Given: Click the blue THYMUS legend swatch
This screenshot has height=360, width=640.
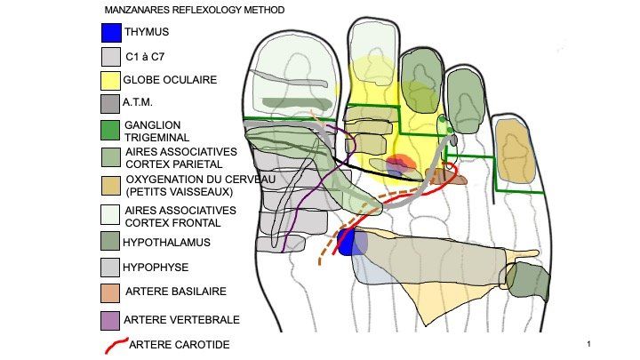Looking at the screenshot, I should click(111, 33).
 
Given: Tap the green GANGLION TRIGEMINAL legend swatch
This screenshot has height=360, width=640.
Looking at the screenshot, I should click(111, 130).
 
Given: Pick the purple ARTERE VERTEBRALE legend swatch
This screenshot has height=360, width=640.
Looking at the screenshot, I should click(111, 319).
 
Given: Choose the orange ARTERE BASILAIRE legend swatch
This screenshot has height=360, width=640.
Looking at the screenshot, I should click(111, 292).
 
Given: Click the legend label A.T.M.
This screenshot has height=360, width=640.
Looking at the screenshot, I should click(138, 102).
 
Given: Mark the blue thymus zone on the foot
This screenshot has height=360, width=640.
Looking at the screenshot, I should click(353, 242).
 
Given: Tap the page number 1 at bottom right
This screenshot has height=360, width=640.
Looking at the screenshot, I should click(589, 343).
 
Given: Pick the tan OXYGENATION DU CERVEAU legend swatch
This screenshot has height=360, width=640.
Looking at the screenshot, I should click(111, 184).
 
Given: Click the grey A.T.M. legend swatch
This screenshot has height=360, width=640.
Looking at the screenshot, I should click(111, 104).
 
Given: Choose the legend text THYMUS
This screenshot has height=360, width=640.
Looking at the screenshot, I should click(147, 33).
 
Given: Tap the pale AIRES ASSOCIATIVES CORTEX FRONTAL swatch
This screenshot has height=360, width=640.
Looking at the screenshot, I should click(111, 214).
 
